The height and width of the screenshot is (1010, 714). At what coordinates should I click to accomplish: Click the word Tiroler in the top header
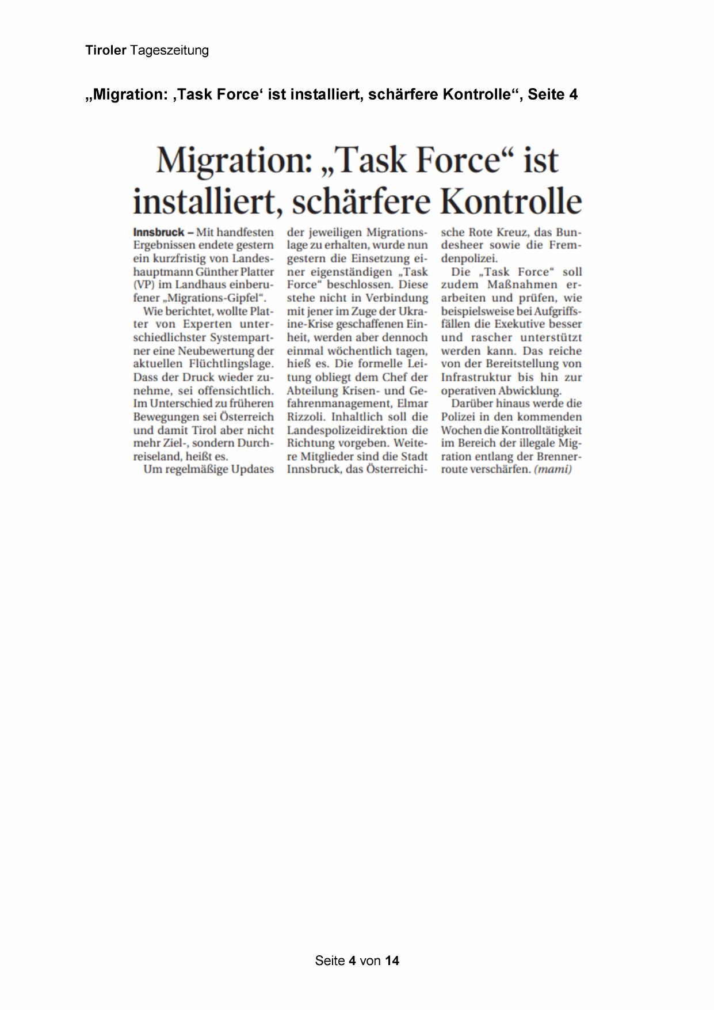(x=105, y=50)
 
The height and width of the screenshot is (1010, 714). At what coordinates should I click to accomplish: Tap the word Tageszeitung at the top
(x=169, y=51)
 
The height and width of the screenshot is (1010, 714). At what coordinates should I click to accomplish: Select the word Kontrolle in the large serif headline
(x=511, y=201)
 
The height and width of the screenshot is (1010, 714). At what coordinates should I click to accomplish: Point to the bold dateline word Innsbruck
(x=158, y=232)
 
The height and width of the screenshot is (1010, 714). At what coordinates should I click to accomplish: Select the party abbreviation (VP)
(x=144, y=284)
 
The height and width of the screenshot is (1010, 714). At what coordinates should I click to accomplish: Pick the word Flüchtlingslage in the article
(x=231, y=364)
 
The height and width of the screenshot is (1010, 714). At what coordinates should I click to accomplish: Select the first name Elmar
(x=413, y=404)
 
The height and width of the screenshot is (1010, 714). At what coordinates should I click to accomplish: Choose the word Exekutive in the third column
(x=518, y=324)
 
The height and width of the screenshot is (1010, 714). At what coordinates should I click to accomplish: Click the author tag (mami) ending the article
(x=553, y=469)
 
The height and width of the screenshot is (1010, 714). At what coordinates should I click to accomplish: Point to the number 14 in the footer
(x=392, y=960)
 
